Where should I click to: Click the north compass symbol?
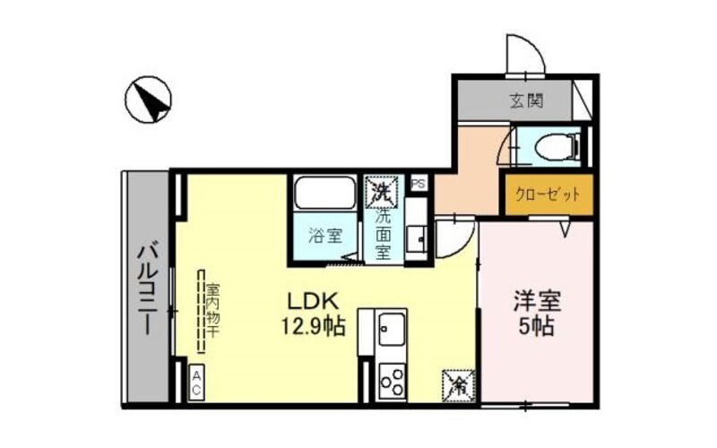tap(148, 99)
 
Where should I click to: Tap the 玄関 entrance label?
tap(526, 100)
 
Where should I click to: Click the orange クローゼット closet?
tap(549, 194)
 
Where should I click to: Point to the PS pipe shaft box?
tap(418, 184)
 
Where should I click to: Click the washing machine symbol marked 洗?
tap(381, 191)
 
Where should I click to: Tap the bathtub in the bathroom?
tap(324, 193)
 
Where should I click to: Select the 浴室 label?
tap(325, 236)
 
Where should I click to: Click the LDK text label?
tap(312, 301)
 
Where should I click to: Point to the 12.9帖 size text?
tap(313, 326)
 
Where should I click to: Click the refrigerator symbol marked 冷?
tap(459, 386)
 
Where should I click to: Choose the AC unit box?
tap(196, 383)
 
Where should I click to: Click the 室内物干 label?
tap(212, 310)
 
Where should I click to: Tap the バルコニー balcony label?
tap(148, 290)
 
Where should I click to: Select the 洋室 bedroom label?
tap(537, 300)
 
